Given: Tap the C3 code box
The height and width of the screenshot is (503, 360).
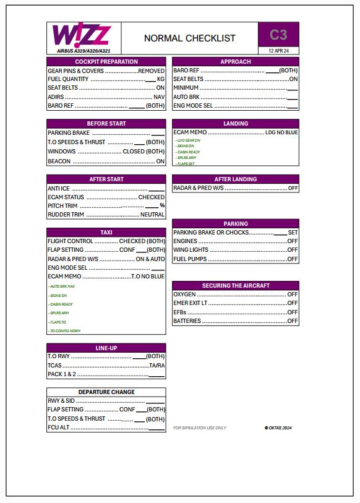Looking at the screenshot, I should coord(278,35).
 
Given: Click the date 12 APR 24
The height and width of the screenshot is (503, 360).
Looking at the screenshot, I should coord(278,51).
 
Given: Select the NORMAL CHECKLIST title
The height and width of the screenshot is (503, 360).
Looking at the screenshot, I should coord(189,38).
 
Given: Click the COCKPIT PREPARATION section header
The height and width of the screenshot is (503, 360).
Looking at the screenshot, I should coord(106,62).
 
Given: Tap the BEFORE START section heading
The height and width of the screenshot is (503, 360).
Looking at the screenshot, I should coord(106,124).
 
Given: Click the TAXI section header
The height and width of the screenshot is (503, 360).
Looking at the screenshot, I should coord(106,233).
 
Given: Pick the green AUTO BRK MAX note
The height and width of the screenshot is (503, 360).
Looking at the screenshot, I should coord(62,286).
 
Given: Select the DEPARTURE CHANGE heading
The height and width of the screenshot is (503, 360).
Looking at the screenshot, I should coord(106,392).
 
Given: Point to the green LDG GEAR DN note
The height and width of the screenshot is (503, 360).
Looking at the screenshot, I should coord(188,140).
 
